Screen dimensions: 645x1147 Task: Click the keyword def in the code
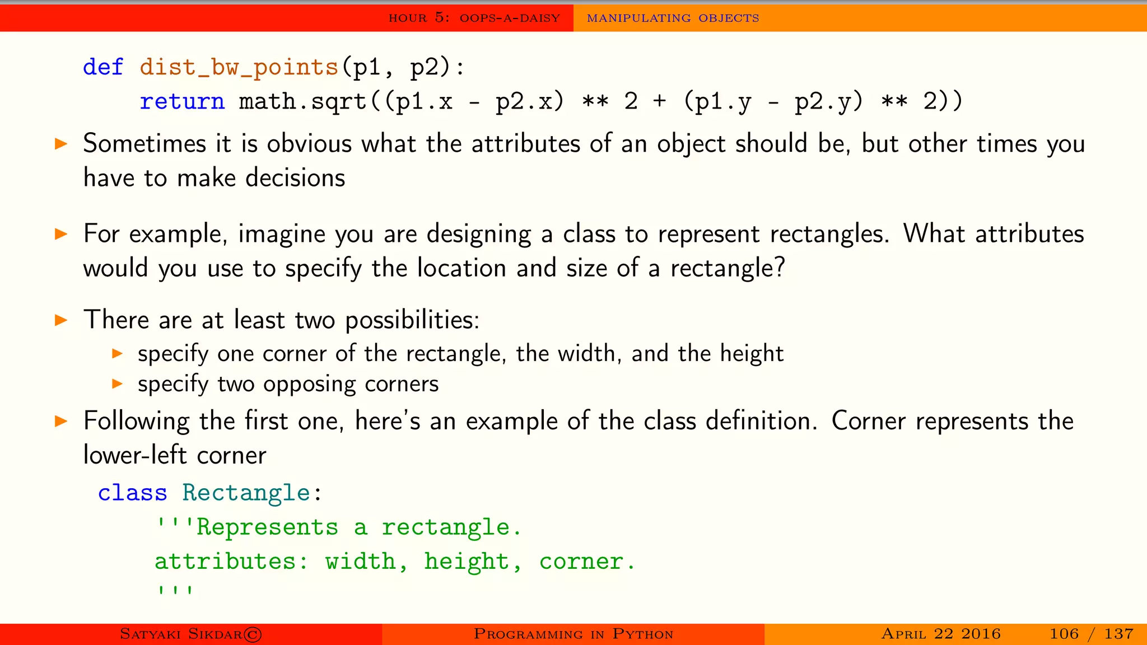coord(103,67)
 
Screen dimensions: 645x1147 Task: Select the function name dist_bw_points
coord(239,68)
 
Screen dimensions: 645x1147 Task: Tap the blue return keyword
coord(182,101)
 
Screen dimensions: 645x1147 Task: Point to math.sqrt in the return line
coord(302,101)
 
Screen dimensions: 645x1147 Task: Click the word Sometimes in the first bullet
coord(144,144)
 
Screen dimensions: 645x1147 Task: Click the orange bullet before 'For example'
coord(61,234)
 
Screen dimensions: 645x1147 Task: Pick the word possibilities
coord(412,320)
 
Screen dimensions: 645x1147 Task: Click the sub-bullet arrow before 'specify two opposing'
coord(117,384)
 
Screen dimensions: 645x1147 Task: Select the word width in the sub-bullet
coord(589,354)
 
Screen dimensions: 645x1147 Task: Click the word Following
coord(136,421)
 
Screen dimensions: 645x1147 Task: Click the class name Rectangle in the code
coord(246,493)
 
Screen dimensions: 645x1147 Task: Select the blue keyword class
coord(133,493)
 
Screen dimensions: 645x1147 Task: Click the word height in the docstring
coord(466,561)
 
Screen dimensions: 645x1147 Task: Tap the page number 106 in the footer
coord(1064,634)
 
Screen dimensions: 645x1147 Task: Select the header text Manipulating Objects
coord(673,18)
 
